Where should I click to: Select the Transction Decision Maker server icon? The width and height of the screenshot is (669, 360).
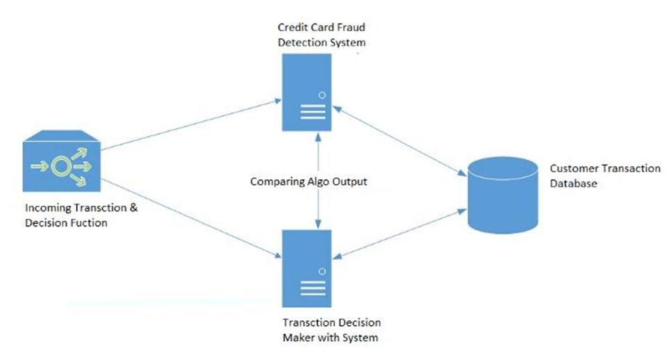coord(306,268)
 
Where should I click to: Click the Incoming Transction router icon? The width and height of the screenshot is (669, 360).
coord(61,166)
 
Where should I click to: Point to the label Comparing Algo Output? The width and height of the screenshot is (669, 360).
coord(308,181)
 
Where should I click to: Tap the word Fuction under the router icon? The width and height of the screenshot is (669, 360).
coord(88,223)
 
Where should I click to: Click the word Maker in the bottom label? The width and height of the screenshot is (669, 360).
coord(299,338)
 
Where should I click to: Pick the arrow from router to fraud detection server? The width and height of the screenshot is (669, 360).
coord(188,125)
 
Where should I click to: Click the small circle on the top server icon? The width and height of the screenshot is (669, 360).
coord(322,95)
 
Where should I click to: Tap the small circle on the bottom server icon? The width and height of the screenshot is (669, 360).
coord(322,270)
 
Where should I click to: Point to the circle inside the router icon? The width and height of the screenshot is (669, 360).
coord(62,166)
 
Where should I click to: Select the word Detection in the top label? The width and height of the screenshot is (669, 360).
coord(300,42)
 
